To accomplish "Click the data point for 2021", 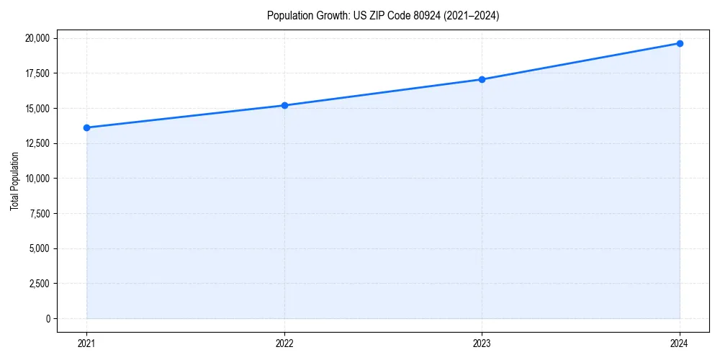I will (86, 127).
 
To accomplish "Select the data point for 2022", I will (284, 105).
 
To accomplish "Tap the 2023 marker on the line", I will (482, 79).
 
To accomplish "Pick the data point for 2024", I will (680, 43).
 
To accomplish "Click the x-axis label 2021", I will (86, 343).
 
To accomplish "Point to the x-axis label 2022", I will (284, 343).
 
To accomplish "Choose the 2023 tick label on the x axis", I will (482, 343).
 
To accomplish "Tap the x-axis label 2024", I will (680, 343).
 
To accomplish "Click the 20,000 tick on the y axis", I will (37, 38).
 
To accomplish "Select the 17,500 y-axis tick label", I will (37, 73).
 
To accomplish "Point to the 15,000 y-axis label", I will (37, 109).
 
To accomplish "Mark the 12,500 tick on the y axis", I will (37, 143).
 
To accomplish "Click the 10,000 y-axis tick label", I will (37, 179).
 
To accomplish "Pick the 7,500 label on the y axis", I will (40, 214).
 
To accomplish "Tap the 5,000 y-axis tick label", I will (40, 248).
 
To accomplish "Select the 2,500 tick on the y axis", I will (40, 284).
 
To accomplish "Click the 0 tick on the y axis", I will (48, 319).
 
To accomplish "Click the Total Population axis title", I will (14, 181).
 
